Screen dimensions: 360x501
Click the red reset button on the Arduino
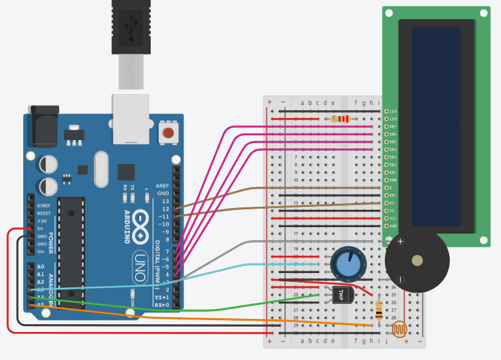169,133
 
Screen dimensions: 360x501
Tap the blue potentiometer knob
347,263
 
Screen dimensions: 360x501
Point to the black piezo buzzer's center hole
417,260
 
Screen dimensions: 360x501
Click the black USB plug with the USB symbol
130,27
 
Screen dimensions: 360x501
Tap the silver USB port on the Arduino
130,119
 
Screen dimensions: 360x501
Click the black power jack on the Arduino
44,126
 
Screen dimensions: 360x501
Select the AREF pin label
163,185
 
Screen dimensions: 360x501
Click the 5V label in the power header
40,229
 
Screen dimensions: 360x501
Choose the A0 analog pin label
41,266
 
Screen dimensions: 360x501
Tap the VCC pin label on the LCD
393,218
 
